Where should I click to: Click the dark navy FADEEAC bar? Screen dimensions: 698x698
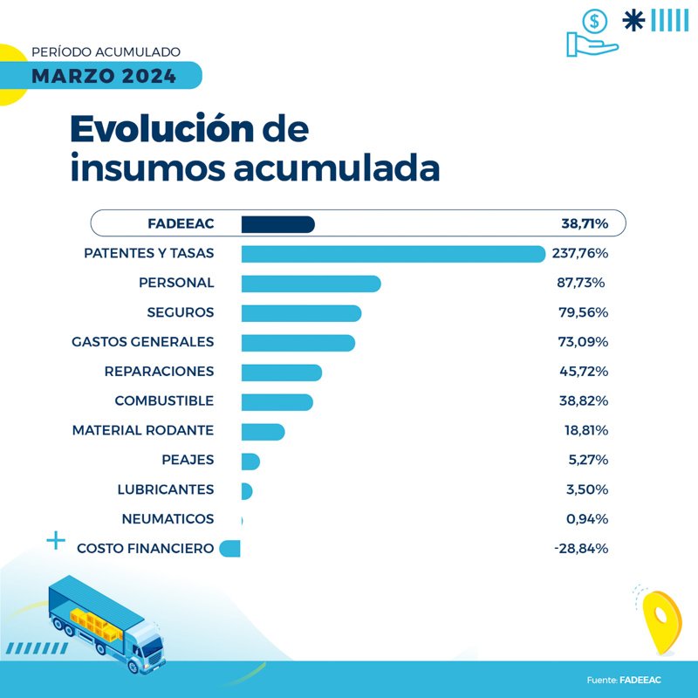[x=277, y=224]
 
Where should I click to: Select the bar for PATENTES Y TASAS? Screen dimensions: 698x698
[x=393, y=254]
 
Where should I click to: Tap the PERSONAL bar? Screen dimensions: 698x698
[x=311, y=284]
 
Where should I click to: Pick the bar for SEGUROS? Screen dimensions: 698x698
[x=301, y=313]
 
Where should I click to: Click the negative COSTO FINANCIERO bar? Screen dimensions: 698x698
[x=230, y=549]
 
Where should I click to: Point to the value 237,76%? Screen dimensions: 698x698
[x=579, y=254]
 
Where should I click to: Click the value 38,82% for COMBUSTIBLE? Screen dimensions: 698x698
[x=584, y=401]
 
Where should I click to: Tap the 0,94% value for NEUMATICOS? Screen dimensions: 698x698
[x=586, y=519]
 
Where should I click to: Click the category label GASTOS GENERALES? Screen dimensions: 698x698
[x=142, y=342]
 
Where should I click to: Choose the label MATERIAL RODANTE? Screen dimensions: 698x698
[x=143, y=431]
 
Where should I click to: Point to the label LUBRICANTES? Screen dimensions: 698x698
[x=166, y=489]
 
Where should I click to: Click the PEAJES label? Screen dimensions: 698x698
[x=188, y=460]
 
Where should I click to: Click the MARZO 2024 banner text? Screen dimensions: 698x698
[x=104, y=76]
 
